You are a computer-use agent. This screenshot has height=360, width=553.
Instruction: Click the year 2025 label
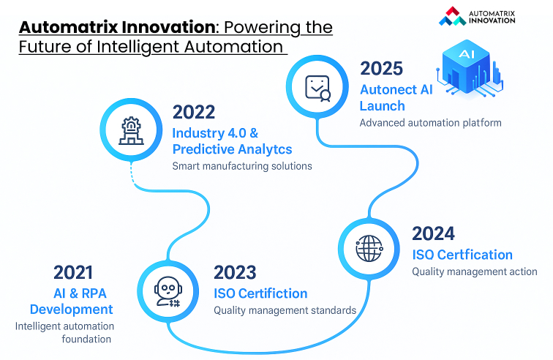(x=381, y=69)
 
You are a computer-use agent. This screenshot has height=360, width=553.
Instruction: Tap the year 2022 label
(x=194, y=112)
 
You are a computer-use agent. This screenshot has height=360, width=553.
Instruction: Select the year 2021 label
(x=73, y=273)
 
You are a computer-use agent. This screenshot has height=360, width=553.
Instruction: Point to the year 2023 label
(x=235, y=273)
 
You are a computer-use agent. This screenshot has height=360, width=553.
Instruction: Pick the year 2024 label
(x=433, y=234)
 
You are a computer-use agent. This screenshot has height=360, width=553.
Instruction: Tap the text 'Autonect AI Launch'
(x=396, y=97)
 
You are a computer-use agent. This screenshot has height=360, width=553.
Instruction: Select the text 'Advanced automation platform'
(x=430, y=123)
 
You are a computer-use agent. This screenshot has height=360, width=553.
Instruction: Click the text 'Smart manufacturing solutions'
(x=242, y=166)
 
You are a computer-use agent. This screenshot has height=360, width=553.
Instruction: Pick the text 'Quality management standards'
(x=285, y=310)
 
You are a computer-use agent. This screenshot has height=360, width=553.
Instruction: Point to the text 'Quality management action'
(x=474, y=271)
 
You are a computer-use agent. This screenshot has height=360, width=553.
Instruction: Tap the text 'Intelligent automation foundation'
(x=64, y=332)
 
